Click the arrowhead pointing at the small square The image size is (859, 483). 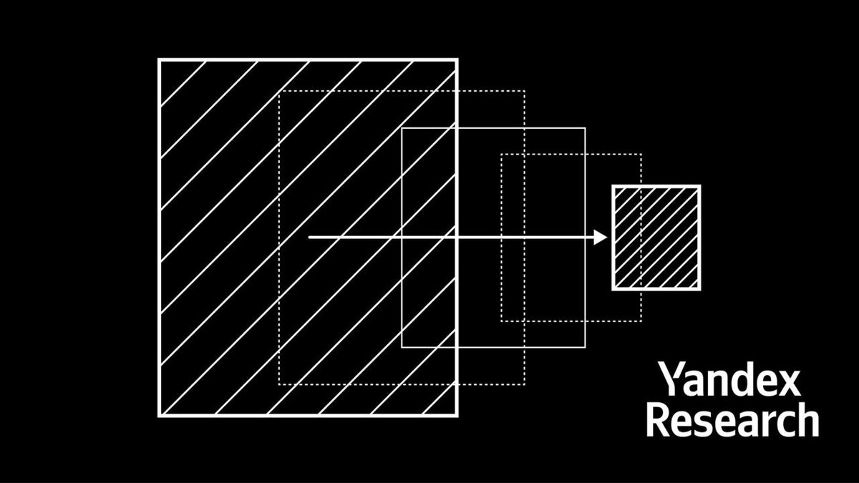point(601,238)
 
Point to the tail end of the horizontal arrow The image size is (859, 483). point(309,238)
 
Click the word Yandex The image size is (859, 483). point(728,380)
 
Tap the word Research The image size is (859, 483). point(732,420)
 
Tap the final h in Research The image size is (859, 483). point(807,420)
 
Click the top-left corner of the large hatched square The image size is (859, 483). point(159,60)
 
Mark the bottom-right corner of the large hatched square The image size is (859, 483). point(456,414)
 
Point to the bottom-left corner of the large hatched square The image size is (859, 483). point(159,414)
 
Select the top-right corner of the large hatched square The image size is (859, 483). point(456,60)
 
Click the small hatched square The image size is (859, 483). point(656,238)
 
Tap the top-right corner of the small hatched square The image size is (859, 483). point(699,187)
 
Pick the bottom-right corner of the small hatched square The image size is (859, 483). point(699,288)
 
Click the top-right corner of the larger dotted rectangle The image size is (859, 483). point(524,91)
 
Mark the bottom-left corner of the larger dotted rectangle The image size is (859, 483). point(278,384)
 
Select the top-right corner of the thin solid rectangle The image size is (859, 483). point(585,128)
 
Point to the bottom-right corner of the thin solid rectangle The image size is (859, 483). point(585,347)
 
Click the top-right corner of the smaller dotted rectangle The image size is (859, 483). point(641,154)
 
